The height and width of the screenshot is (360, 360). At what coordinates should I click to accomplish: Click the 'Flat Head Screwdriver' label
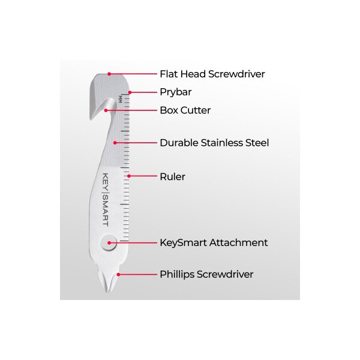coord(212,74)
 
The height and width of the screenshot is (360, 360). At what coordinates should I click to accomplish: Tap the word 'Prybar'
coord(176,92)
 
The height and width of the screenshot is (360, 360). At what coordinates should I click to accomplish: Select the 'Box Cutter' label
coord(185,110)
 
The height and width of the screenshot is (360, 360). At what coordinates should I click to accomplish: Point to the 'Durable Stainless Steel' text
coord(214,143)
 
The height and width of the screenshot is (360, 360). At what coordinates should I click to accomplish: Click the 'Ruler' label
coord(172,177)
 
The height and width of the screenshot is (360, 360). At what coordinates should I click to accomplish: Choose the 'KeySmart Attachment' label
coord(214,242)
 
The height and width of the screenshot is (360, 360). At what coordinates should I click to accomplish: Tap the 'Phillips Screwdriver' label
coord(206,275)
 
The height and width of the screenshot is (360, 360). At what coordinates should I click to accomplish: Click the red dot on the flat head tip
coord(109,74)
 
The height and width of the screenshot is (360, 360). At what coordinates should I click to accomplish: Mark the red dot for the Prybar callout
coord(130,92)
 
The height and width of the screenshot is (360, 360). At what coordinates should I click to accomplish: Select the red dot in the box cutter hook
coord(106,110)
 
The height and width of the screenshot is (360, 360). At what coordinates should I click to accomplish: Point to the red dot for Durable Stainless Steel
coord(115,143)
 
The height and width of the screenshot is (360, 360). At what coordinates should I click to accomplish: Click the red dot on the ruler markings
coord(129,176)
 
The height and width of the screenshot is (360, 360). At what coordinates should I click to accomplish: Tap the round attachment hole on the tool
coord(109,242)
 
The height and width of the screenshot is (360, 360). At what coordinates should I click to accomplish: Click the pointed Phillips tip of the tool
coord(107,292)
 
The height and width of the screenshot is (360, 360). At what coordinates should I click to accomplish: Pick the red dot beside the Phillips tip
coord(118,275)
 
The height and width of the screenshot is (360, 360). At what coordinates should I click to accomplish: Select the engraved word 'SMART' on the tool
coord(105,211)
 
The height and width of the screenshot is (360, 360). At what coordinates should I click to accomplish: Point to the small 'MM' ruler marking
coord(120,99)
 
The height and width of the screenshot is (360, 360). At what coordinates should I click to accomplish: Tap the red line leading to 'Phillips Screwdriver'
coord(137,275)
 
